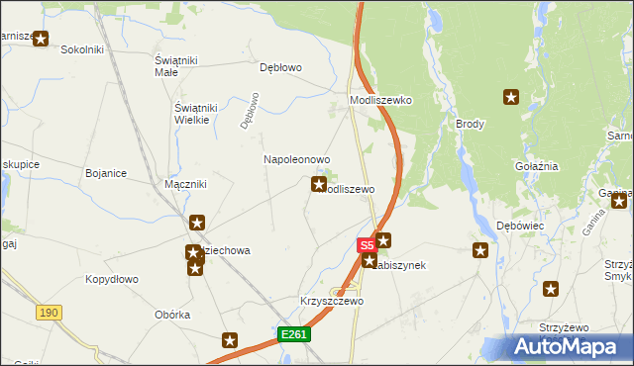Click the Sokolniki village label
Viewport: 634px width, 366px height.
(82, 48)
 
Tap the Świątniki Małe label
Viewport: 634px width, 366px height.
(179, 65)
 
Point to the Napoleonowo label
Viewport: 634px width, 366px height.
(296, 159)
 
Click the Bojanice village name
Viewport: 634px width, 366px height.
(106, 173)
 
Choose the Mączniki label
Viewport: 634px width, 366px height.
(184, 184)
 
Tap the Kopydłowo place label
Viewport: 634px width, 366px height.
(111, 279)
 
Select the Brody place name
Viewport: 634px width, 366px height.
(470, 124)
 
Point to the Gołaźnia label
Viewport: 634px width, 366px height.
(536, 166)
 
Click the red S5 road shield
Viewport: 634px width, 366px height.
(366, 243)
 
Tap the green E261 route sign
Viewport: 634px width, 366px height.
(295, 334)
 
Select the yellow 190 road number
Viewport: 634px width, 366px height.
(49, 312)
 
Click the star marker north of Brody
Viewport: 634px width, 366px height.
(511, 97)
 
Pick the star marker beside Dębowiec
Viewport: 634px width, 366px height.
(481, 250)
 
